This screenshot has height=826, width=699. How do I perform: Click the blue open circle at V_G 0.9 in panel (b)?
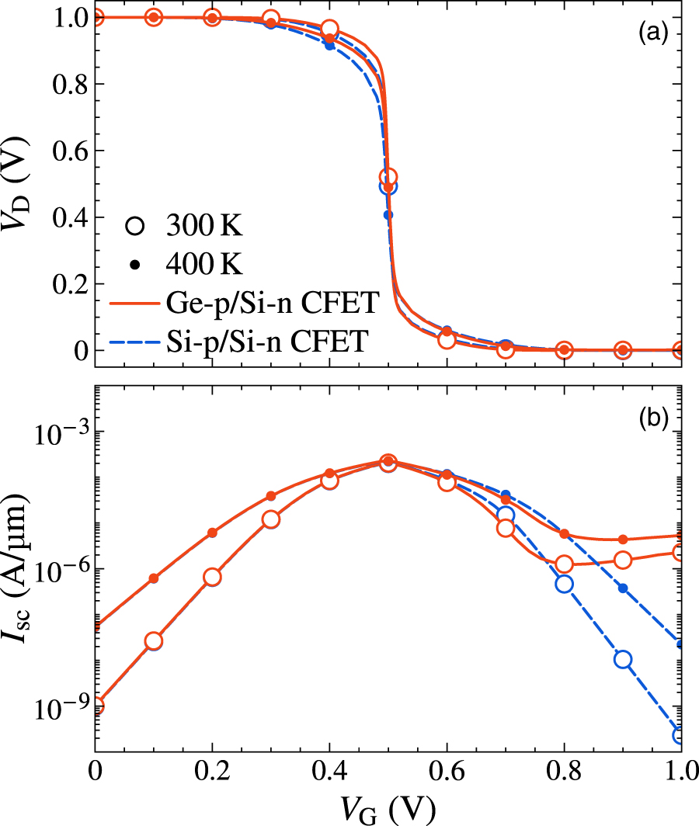click(622, 659)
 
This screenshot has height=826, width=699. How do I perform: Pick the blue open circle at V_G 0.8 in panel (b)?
click(564, 584)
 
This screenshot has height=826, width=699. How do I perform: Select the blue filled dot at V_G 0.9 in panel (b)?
click(622, 588)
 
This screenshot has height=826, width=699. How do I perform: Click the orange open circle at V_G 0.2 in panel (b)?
click(212, 577)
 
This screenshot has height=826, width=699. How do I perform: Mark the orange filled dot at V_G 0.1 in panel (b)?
click(154, 578)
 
